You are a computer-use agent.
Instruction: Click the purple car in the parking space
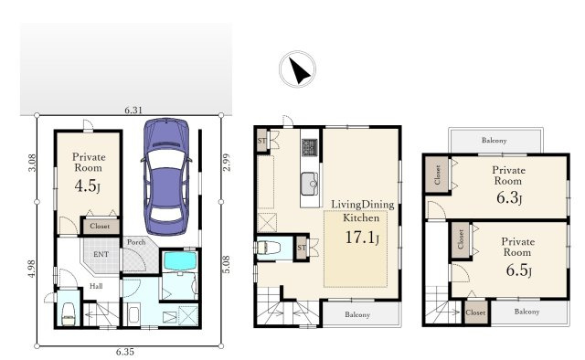tap(166, 176)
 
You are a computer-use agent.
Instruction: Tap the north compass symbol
tap(297, 69)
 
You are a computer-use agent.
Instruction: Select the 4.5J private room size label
tap(88, 185)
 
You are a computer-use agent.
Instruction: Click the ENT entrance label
tap(101, 254)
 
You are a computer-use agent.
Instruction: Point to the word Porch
tap(136, 242)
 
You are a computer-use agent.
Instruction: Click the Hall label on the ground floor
tap(96, 286)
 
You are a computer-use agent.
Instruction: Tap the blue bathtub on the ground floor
tap(180, 261)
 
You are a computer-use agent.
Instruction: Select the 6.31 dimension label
tap(133, 110)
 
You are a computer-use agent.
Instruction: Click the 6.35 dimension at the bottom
tap(124, 352)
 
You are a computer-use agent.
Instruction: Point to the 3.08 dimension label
tap(33, 163)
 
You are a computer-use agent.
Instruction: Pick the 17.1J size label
tap(362, 238)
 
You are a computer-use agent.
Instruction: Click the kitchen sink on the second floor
tap(309, 184)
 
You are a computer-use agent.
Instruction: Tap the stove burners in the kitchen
tap(310, 147)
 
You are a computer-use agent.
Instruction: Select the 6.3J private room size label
tap(509, 197)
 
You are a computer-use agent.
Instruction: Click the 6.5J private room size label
tap(518, 270)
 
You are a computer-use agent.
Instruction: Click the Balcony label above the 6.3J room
tap(494, 141)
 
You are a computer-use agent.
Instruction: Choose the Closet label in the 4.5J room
tap(100, 226)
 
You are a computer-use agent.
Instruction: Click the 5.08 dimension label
tap(226, 264)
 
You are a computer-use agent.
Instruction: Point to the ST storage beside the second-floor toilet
tap(302, 248)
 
